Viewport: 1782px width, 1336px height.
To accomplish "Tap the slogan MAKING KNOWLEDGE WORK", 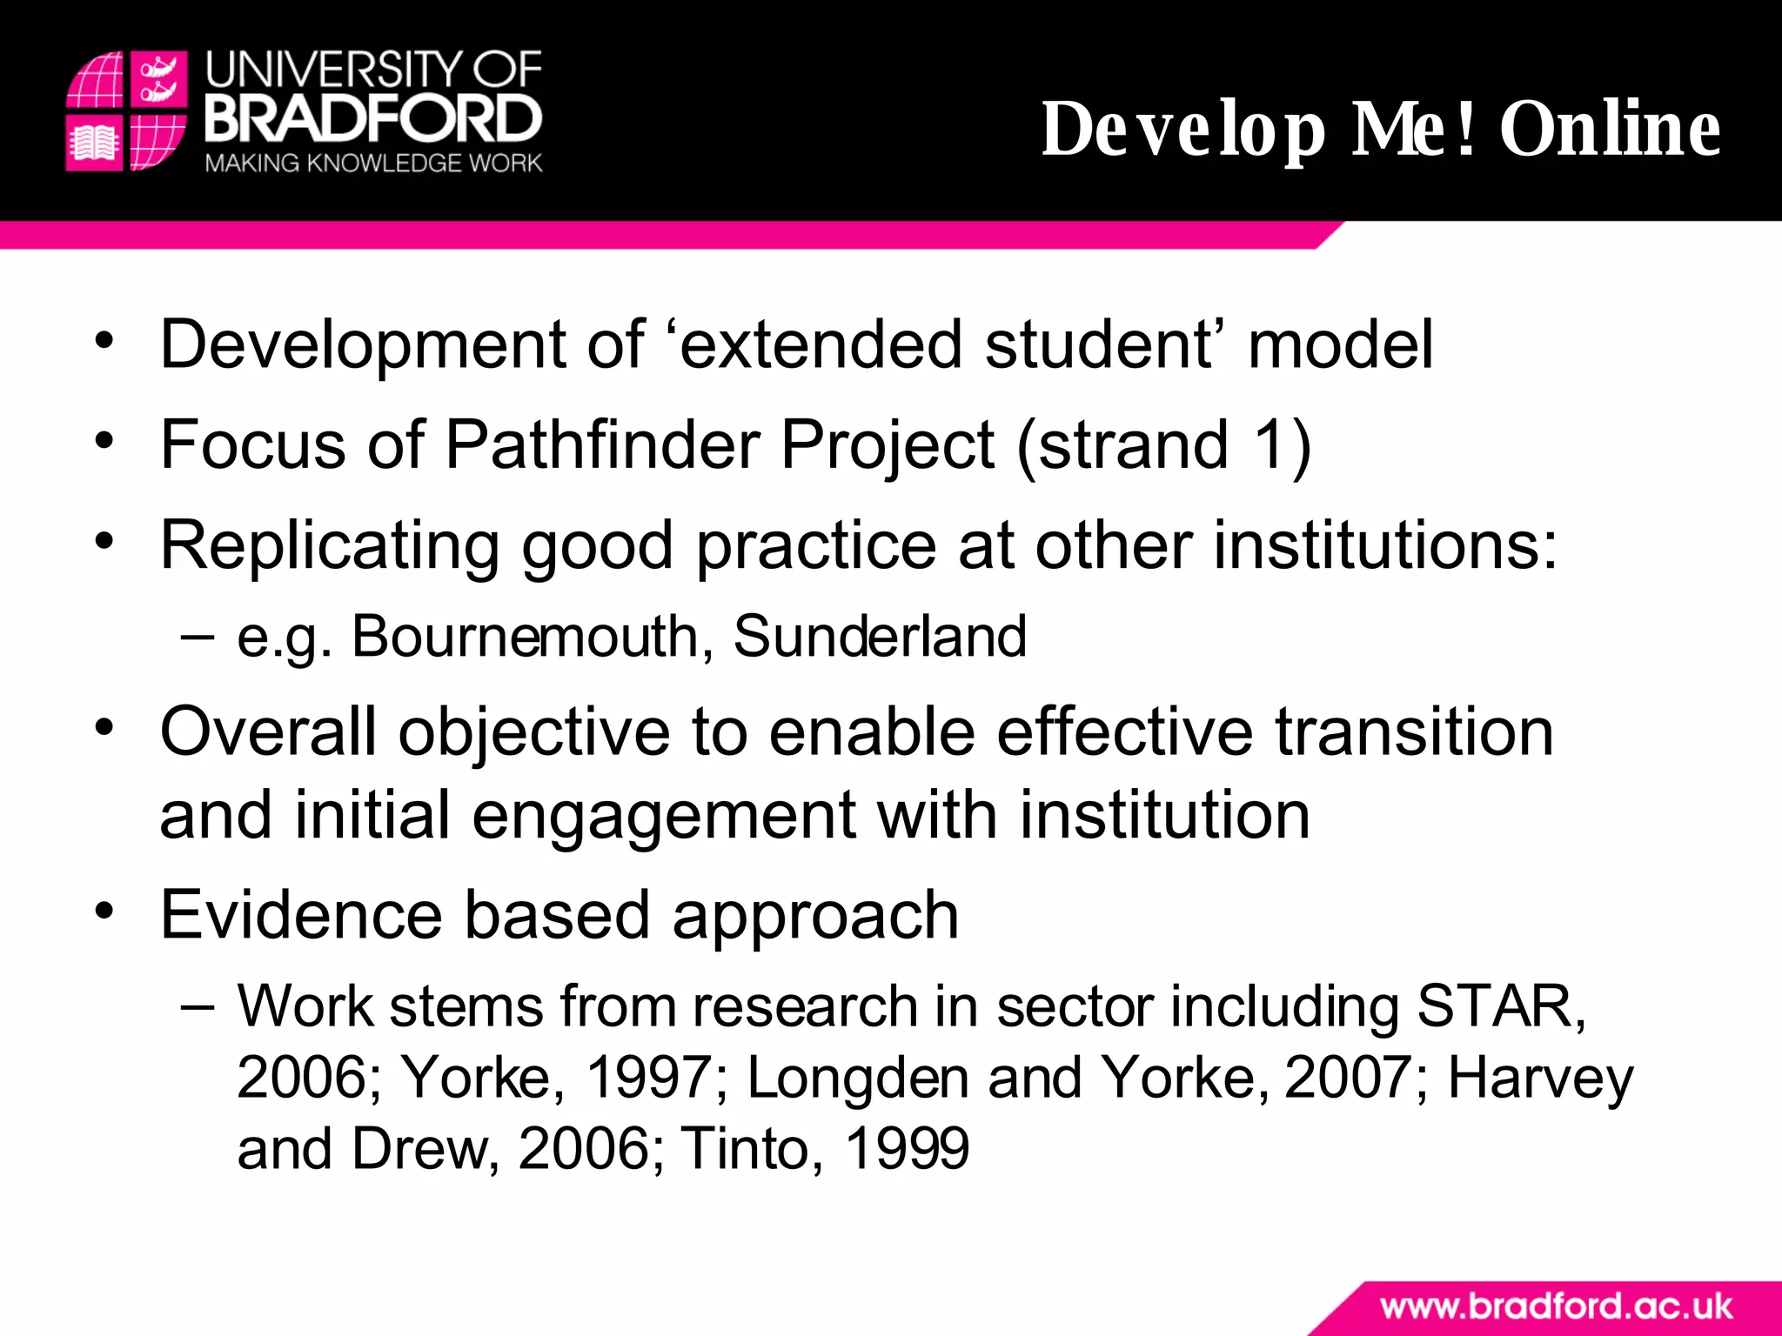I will tap(373, 164).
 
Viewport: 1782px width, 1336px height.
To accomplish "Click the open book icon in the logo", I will tap(94, 143).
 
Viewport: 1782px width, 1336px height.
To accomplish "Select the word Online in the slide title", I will tap(1610, 129).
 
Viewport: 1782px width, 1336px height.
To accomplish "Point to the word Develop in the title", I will tap(1184, 129).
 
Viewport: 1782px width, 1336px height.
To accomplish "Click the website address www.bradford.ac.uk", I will tap(1556, 1306).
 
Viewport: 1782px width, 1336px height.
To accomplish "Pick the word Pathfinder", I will tap(601, 445).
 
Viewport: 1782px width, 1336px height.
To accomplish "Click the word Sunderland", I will tap(880, 636).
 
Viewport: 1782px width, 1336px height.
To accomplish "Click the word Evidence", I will tap(301, 915).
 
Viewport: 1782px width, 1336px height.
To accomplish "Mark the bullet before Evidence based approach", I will tap(104, 912).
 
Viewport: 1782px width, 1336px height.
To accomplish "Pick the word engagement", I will tap(665, 816).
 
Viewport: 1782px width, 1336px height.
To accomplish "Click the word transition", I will tap(1414, 732).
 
